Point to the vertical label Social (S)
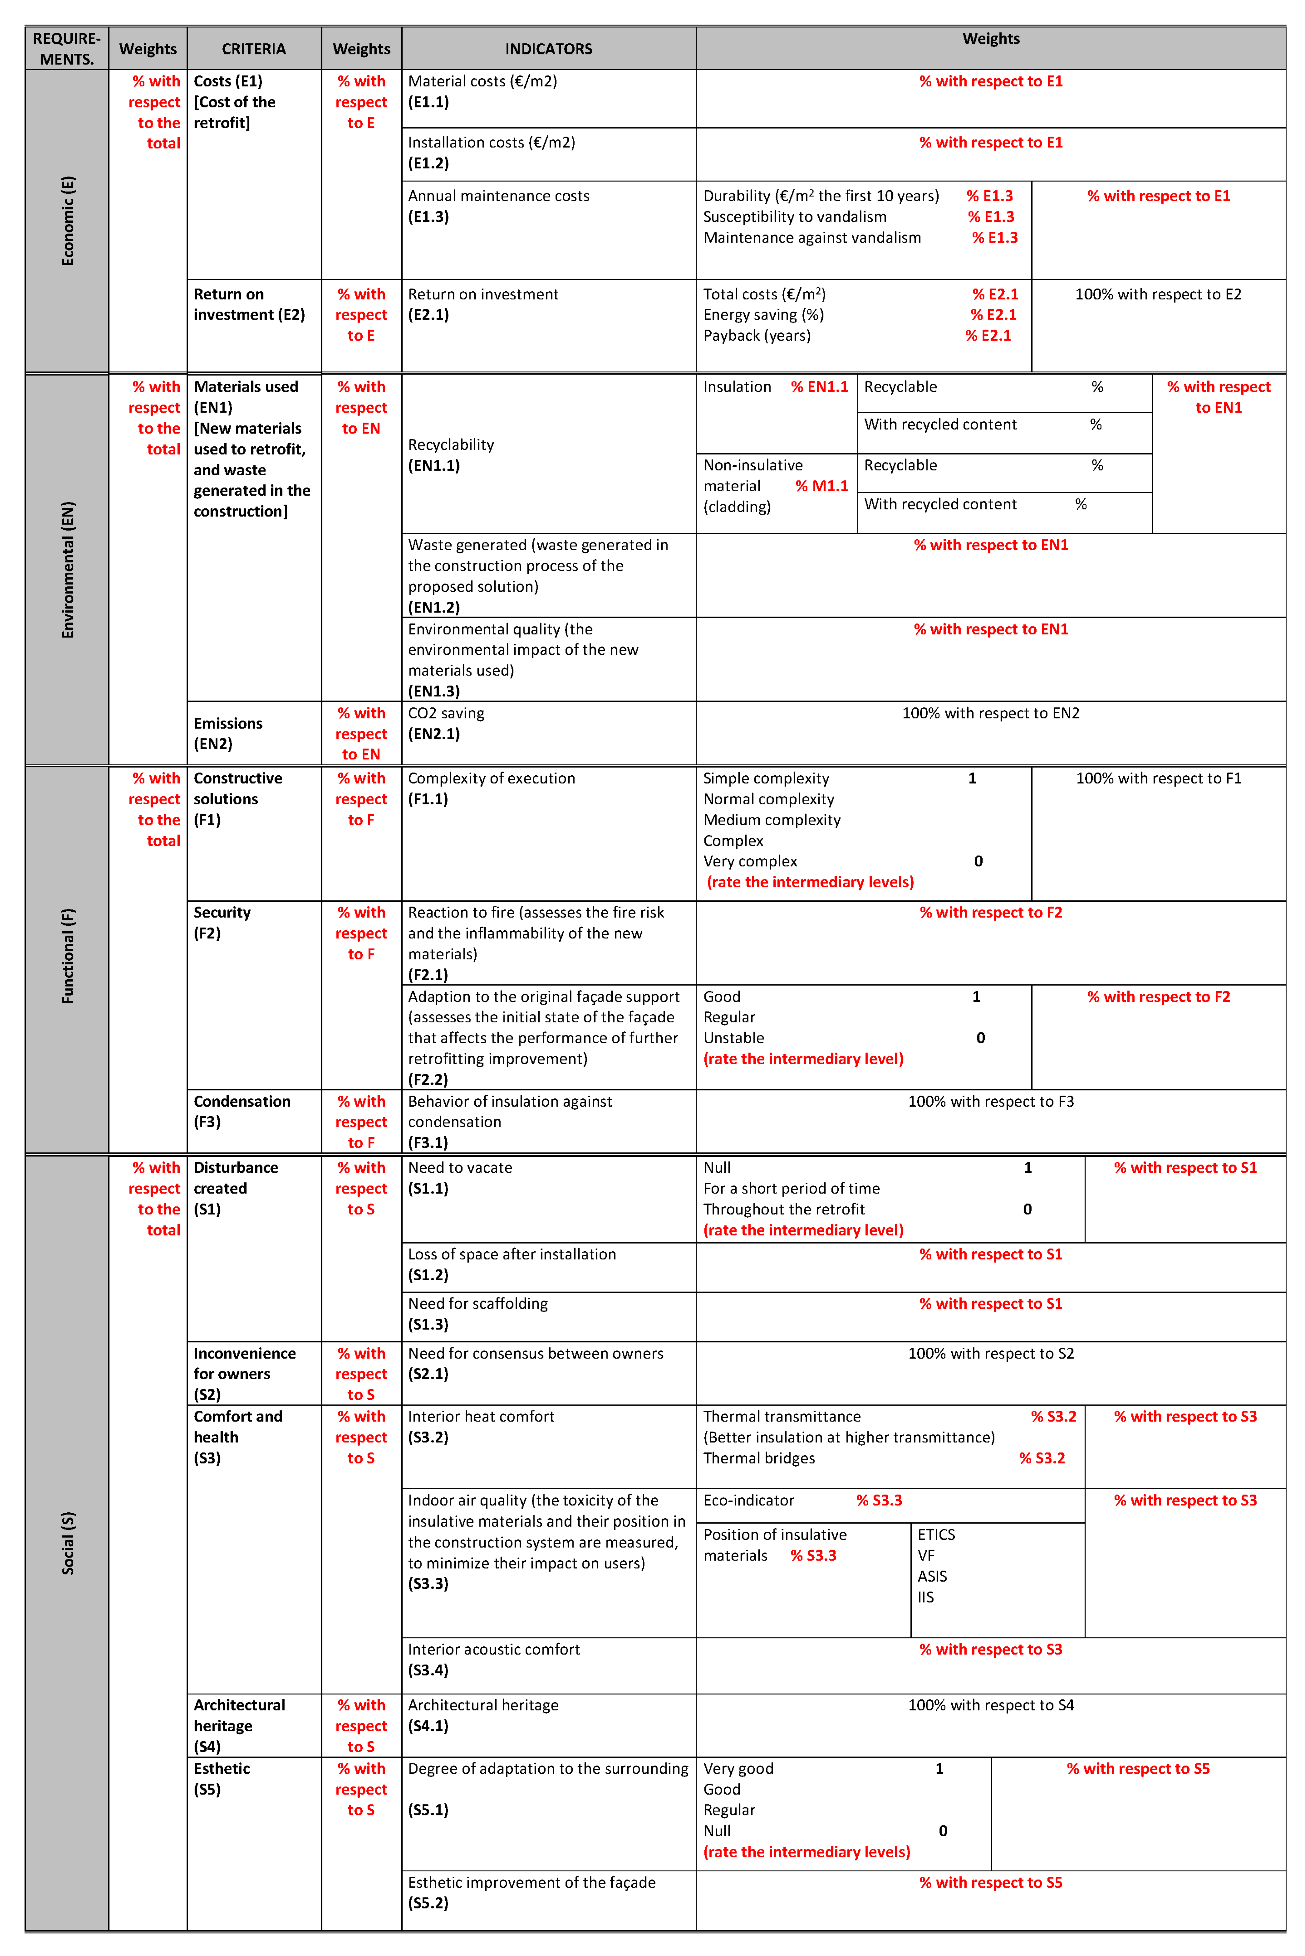68,1542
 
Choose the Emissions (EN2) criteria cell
228,733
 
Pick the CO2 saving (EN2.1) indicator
446,723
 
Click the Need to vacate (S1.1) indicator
460,1178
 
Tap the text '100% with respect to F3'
991,1101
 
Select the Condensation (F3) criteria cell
242,1111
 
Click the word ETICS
936,1534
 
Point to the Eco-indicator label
748,1500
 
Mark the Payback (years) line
757,335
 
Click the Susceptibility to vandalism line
795,216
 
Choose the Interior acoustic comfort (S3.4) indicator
494,1659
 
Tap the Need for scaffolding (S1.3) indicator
478,1313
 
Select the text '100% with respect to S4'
991,1705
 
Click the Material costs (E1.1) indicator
482,92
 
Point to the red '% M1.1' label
821,486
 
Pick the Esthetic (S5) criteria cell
221,1779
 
